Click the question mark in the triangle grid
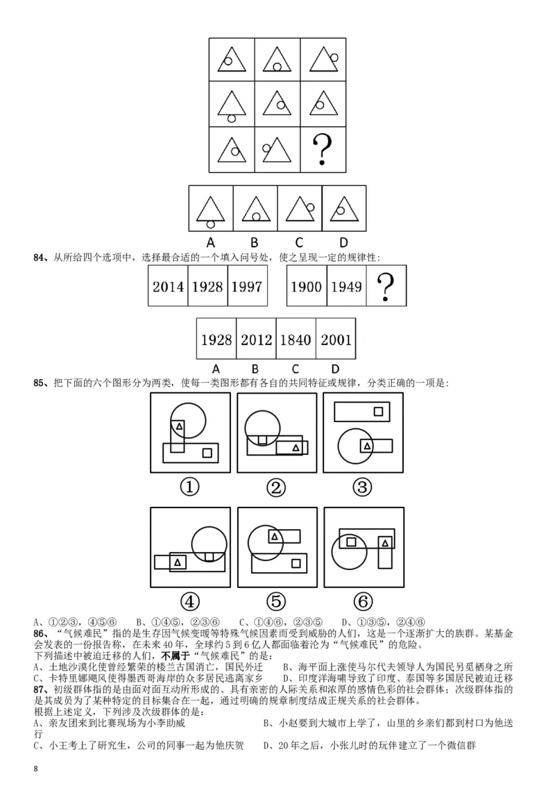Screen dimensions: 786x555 pyautogui.click(x=321, y=149)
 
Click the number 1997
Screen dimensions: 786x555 pyautogui.click(x=246, y=286)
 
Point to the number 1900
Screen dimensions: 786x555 pyautogui.click(x=306, y=286)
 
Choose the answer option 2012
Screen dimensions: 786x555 pyautogui.click(x=256, y=340)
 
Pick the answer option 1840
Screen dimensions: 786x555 pyautogui.click(x=296, y=340)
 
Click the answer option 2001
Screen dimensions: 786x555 pyautogui.click(x=335, y=340)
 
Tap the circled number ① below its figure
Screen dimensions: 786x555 pyautogui.click(x=189, y=487)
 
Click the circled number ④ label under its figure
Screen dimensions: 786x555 pyautogui.click(x=189, y=601)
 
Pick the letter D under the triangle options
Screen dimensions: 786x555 pyautogui.click(x=343, y=242)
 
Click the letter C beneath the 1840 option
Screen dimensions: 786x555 pyautogui.click(x=296, y=367)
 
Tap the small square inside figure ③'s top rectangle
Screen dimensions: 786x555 pyautogui.click(x=378, y=411)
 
